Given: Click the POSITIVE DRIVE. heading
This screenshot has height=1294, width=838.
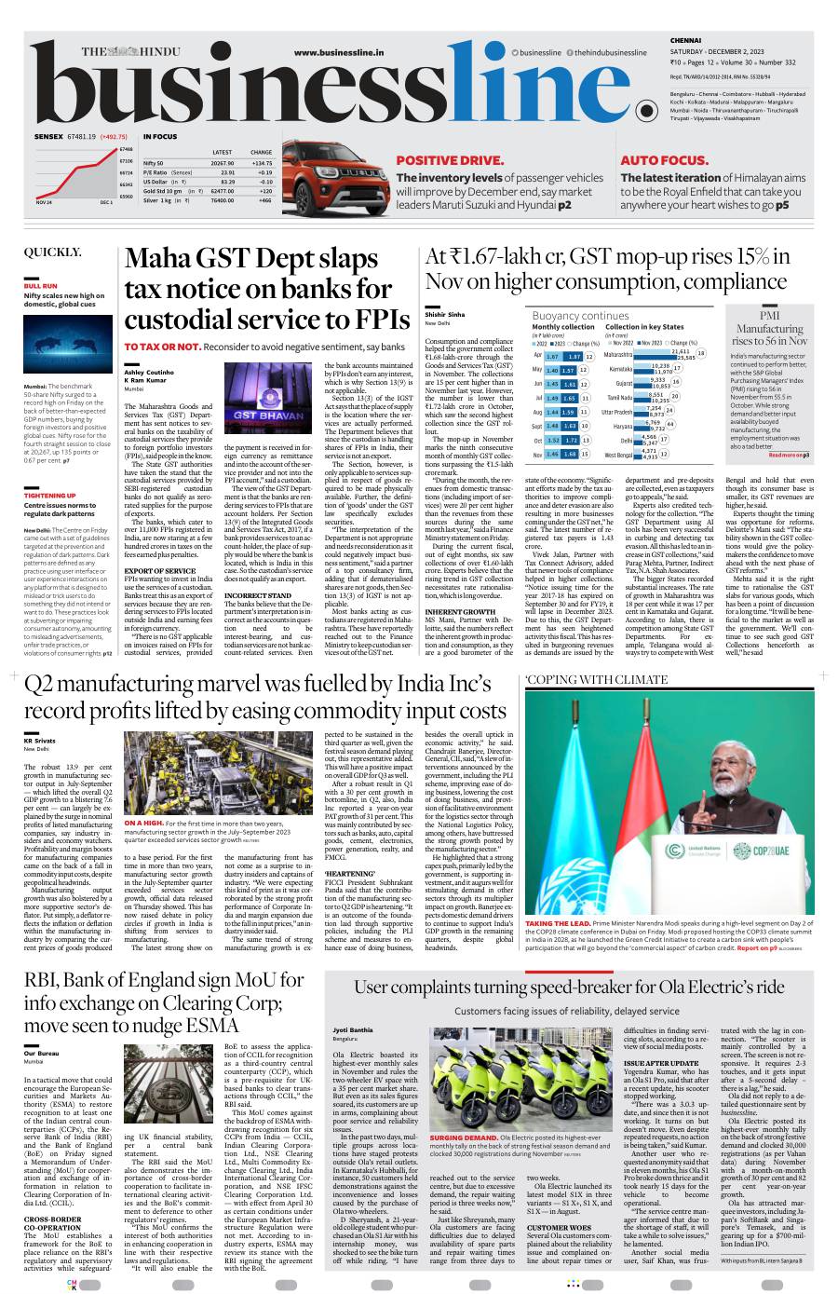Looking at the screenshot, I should pos(450,160).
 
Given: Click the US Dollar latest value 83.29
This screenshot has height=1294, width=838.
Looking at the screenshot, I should pos(227,182).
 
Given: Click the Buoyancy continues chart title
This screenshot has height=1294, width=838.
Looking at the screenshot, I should pos(580,316).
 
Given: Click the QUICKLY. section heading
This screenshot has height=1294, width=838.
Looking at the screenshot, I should pos(52,252).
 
